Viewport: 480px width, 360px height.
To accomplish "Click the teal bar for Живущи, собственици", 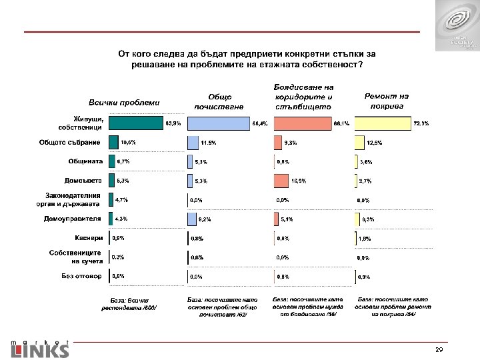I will [135, 123].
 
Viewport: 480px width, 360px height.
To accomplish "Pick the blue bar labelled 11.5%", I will [193, 142].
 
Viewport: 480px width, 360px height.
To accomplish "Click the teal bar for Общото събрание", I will [112, 142].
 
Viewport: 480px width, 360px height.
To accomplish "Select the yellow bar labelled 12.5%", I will [359, 142].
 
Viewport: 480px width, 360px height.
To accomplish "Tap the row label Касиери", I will [88, 237].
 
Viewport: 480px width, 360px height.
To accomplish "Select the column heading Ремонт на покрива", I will [386, 100].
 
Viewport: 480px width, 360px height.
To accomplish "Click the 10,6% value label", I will [128, 142].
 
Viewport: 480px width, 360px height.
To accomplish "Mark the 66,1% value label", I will [341, 123].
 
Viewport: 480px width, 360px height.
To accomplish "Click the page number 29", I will [439, 349].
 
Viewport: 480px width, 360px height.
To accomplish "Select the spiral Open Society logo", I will [457, 25].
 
